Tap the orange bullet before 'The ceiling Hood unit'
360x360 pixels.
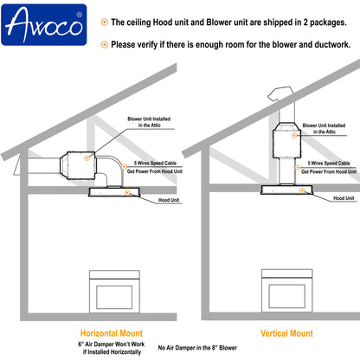tap(105, 20)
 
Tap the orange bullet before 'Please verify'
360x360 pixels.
tap(105, 43)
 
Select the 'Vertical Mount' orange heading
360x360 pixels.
tap(286, 332)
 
